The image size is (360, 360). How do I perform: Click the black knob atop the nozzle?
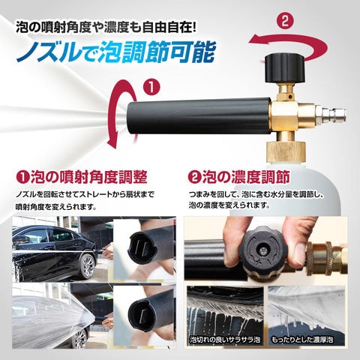(x=285, y=69)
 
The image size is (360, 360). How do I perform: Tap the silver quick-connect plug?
(x=330, y=116)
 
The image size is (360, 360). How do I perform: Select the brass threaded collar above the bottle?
(x=286, y=151)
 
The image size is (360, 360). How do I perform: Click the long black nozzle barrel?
(x=199, y=116)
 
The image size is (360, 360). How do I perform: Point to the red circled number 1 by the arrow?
(x=151, y=88)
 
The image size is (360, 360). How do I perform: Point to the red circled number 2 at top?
(x=285, y=21)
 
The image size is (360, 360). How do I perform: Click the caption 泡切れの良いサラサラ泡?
(x=225, y=340)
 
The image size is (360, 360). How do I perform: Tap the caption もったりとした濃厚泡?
(x=302, y=340)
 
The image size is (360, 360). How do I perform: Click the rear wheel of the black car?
(x=87, y=266)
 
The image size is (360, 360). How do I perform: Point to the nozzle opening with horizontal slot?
(x=142, y=314)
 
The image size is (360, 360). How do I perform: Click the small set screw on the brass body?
(x=289, y=96)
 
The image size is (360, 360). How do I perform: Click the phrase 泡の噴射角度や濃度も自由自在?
(x=106, y=27)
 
